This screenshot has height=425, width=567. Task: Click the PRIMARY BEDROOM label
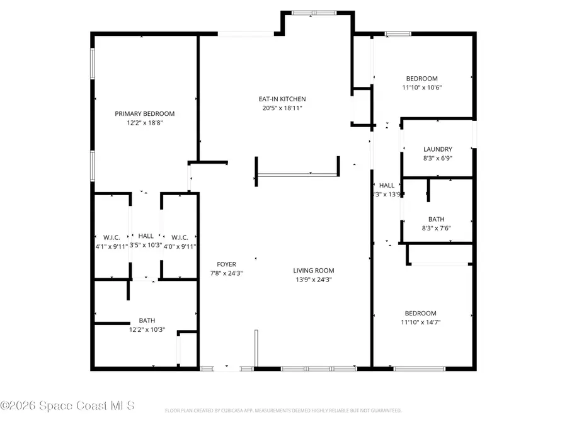coord(144,114)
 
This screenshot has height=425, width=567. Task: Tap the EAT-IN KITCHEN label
coord(282,99)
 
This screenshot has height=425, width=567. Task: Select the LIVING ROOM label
coord(312,270)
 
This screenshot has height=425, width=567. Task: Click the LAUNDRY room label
coord(437,149)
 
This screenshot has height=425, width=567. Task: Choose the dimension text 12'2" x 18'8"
coord(144,123)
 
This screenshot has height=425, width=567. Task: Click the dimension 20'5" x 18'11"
coord(282,108)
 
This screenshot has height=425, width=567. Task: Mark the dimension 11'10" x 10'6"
coord(422,88)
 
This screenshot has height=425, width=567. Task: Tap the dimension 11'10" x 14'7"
coord(420,322)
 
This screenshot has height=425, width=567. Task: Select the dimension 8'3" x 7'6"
coord(436,229)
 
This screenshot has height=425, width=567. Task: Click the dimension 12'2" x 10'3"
coord(147,329)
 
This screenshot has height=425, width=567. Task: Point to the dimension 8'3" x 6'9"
coord(437,159)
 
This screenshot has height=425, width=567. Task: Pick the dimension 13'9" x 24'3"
coord(312,280)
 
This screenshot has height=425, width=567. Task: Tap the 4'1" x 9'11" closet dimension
coord(112,246)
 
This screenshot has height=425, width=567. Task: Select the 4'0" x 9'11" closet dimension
coord(180,246)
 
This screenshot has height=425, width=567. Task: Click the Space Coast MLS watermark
coord(67,405)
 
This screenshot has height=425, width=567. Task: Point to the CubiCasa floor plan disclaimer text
coord(283,411)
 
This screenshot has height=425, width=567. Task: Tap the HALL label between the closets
coord(146,236)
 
